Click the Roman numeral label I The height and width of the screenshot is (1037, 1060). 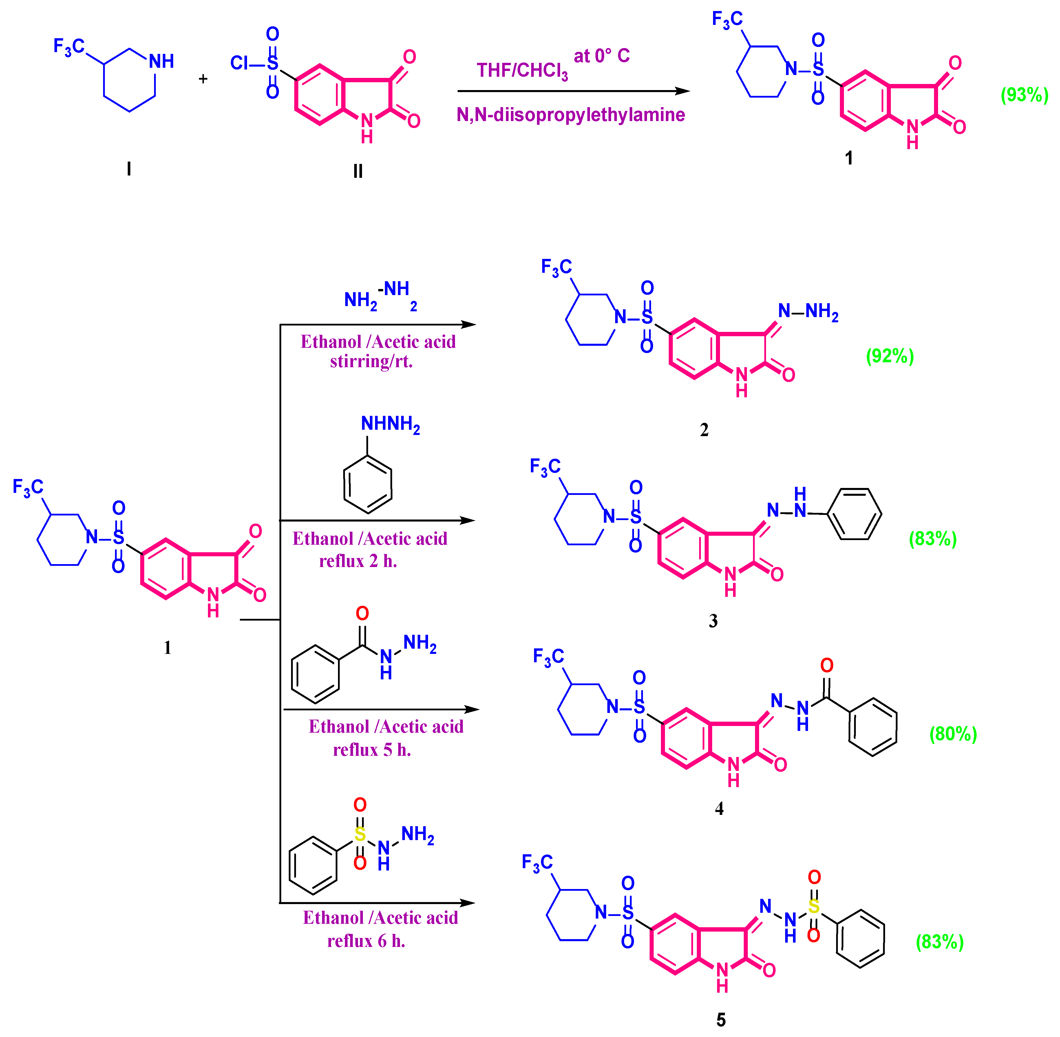(129, 169)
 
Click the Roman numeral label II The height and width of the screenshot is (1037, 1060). (358, 171)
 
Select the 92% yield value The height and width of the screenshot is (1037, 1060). (889, 356)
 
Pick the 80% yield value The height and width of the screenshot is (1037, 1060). (953, 734)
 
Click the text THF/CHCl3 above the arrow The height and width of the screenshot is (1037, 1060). (522, 71)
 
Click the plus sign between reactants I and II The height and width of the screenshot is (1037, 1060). (203, 79)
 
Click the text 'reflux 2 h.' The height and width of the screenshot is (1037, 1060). (358, 561)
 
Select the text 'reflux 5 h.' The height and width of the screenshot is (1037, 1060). (372, 750)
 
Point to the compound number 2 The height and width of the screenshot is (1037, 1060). (704, 430)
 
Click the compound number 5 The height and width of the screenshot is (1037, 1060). (721, 1020)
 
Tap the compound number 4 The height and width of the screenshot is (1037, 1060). (719, 809)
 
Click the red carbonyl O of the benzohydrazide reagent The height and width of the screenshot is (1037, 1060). (362, 614)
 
